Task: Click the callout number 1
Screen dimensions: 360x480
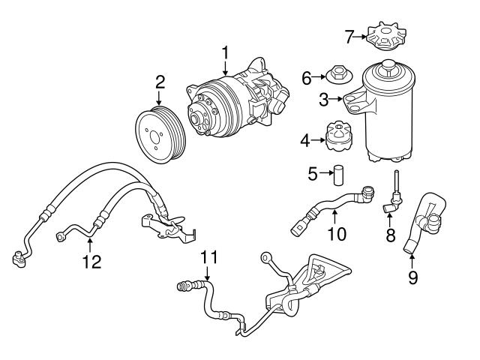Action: pos(224,52)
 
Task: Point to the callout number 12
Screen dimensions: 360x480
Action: pos(91,262)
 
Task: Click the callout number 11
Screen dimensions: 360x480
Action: pos(209,258)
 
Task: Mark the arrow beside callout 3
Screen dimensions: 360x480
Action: pos(337,99)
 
